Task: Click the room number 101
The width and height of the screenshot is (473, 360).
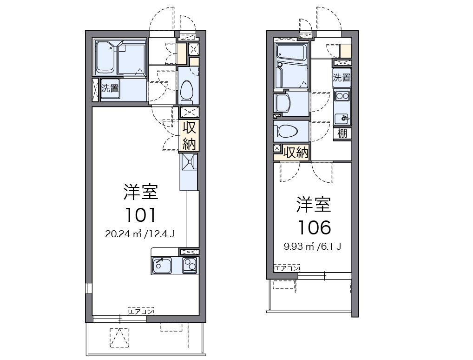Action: coord(139,214)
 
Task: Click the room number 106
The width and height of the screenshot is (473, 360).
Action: coord(314,227)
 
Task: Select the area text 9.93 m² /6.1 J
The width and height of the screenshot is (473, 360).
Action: coord(313,246)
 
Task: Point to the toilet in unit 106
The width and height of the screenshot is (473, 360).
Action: coord(285,131)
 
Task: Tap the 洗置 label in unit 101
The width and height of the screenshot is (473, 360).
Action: coord(110,88)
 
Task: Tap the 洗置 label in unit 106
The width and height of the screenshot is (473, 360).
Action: coord(342,78)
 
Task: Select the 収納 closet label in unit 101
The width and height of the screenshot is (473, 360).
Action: coord(189,135)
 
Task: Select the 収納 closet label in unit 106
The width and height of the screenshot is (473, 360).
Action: coord(296,153)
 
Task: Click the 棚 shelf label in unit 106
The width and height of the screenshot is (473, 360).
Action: coord(342,133)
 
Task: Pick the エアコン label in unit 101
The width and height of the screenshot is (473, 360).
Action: coord(141,311)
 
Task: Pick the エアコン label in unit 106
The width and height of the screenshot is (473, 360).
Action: coord(286,268)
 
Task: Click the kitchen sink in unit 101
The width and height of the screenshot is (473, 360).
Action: coord(162,265)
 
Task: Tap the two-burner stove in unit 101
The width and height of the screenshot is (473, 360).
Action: coord(190,265)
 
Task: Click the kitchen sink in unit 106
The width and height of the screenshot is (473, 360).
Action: coord(342,117)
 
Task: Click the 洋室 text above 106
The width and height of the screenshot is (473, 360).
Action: coord(314,204)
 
